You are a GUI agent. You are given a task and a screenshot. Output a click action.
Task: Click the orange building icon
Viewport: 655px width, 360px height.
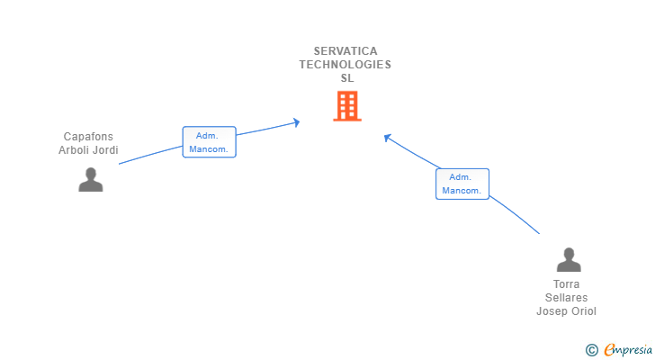pyautogui.click(x=346, y=106)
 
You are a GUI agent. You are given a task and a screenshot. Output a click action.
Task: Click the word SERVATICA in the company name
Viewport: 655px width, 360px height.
pyautogui.click(x=346, y=51)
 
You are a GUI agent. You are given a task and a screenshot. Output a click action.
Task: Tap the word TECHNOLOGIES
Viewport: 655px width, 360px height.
pyautogui.click(x=345, y=65)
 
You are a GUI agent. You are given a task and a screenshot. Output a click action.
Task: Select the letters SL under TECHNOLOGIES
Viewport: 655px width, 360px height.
pyautogui.click(x=347, y=78)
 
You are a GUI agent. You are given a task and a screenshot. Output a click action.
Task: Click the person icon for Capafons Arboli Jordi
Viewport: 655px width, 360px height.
pyautogui.click(x=90, y=180)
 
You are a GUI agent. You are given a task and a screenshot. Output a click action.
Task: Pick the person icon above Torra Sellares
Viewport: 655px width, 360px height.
pyautogui.click(x=569, y=260)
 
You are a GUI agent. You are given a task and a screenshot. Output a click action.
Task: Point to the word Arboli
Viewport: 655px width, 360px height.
pyautogui.click(x=76, y=150)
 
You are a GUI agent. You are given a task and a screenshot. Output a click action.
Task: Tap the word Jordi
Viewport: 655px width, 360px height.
pyautogui.click(x=106, y=150)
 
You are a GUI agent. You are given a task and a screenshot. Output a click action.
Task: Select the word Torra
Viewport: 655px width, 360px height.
pyautogui.click(x=568, y=284)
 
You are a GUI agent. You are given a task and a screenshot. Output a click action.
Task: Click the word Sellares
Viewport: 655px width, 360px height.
pyautogui.click(x=567, y=298)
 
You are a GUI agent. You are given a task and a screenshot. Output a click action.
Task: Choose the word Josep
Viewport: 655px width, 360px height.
pyautogui.click(x=552, y=311)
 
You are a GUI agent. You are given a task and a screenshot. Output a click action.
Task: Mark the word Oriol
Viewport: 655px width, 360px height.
pyautogui.click(x=583, y=311)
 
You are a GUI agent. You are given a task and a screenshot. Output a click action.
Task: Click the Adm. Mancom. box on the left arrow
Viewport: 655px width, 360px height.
pyautogui.click(x=209, y=142)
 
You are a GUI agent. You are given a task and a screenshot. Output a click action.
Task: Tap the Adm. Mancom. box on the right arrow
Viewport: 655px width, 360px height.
pyautogui.click(x=462, y=184)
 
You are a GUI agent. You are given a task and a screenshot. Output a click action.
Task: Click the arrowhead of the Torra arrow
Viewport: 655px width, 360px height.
pyautogui.click(x=386, y=137)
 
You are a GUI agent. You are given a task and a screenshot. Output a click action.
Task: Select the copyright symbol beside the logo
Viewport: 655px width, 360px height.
pyautogui.click(x=591, y=349)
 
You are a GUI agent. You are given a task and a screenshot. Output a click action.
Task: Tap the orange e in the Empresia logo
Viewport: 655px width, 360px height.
pyautogui.click(x=609, y=349)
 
